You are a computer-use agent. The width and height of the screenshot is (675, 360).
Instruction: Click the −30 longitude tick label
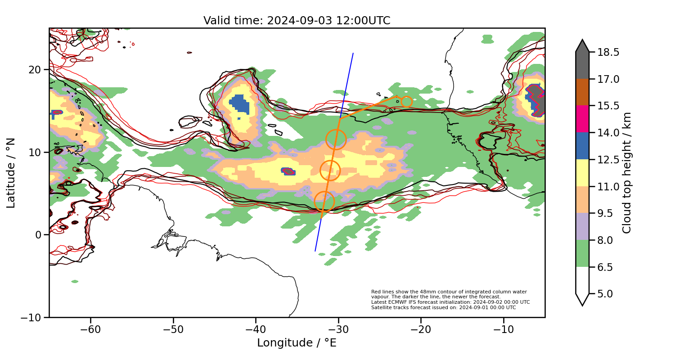point(338,329)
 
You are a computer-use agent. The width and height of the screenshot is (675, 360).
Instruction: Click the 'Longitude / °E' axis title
point(297,343)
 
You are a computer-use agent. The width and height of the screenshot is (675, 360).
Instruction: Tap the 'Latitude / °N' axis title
point(11,173)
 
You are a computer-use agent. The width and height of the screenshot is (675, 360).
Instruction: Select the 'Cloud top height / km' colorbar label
point(627,173)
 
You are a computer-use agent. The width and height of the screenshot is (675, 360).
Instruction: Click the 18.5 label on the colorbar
point(607,52)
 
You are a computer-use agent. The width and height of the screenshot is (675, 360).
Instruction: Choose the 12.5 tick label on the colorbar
point(607,160)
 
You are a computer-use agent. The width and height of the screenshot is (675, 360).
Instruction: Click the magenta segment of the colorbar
point(582,119)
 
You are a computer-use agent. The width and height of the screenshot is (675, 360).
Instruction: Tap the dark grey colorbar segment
point(582,63)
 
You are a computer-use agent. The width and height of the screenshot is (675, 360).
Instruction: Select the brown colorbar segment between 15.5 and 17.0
point(582,92)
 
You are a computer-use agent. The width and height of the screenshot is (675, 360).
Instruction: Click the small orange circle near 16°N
point(406,102)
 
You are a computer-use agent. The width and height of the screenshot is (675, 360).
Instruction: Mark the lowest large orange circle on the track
point(324,202)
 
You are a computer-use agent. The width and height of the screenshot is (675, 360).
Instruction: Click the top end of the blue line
point(353,54)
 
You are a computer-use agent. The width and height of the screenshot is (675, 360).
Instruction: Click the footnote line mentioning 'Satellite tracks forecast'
point(443,308)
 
